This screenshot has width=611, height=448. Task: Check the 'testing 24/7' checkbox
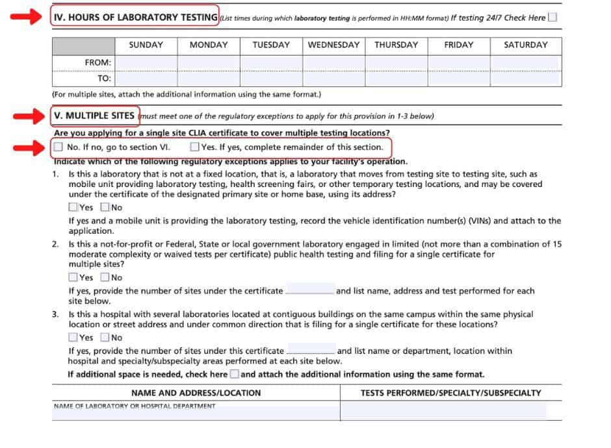pyautogui.click(x=552, y=18)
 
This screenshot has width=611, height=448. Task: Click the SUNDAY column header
pyautogui.click(x=146, y=45)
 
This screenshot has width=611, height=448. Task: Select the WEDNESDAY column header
pyautogui.click(x=333, y=45)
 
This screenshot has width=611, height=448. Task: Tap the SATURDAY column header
pyautogui.click(x=525, y=45)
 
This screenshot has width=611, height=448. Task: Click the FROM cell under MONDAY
pyautogui.click(x=208, y=62)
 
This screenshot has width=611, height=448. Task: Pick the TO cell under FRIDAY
pyautogui.click(x=459, y=79)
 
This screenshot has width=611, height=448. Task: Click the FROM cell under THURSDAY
pyautogui.click(x=397, y=62)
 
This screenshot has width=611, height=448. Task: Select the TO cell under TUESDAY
pyautogui.click(x=271, y=79)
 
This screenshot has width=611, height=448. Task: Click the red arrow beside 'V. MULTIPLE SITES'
pyautogui.click(x=27, y=116)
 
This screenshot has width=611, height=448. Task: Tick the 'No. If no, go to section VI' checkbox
pyautogui.click(x=58, y=147)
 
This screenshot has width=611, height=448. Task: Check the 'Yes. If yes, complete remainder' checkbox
pyautogui.click(x=194, y=147)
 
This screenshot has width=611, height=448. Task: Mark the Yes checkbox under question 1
pyautogui.click(x=73, y=208)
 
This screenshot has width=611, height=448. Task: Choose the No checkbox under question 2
pyautogui.click(x=105, y=277)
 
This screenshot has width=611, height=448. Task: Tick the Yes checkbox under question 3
pyautogui.click(x=73, y=338)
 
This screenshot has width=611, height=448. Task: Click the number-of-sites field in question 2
pyautogui.click(x=310, y=290)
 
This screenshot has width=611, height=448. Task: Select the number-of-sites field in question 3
pyautogui.click(x=311, y=351)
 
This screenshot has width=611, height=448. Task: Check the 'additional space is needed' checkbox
pyautogui.click(x=234, y=374)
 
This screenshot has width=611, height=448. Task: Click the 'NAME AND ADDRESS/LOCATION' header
pyautogui.click(x=196, y=393)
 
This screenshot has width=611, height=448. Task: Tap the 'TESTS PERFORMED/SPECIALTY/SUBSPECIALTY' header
pyautogui.click(x=450, y=393)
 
